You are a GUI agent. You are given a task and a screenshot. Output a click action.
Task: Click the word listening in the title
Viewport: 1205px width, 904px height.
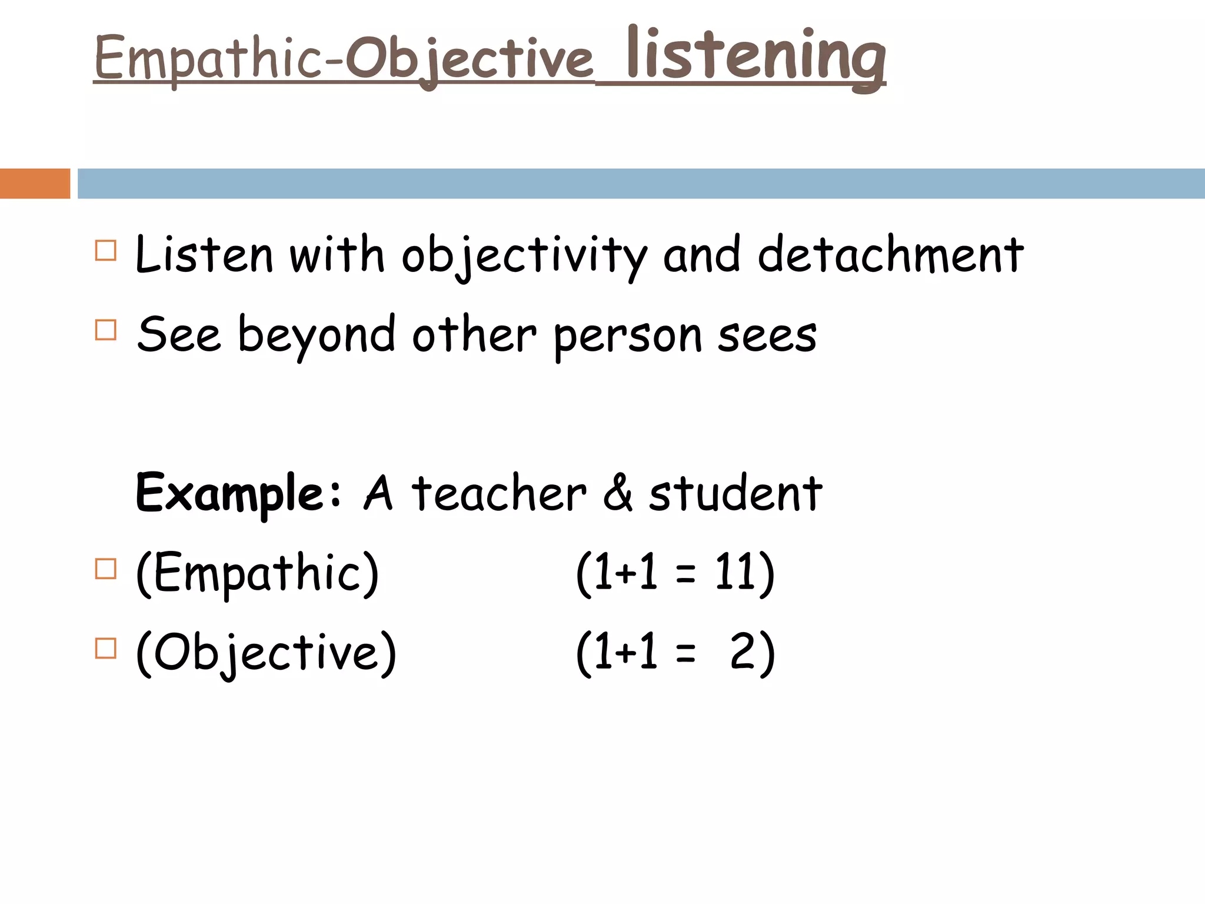(756, 56)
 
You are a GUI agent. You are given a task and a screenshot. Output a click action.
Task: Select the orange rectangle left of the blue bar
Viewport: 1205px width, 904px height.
(35, 184)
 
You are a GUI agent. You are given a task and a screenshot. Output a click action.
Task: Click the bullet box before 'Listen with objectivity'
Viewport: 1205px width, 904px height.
(105, 251)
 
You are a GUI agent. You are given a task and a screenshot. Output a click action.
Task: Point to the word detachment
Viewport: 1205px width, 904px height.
(890, 254)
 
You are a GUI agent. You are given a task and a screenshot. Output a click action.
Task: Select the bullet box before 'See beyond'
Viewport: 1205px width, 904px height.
(105, 330)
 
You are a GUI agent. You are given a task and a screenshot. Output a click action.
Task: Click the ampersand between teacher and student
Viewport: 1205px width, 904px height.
(617, 493)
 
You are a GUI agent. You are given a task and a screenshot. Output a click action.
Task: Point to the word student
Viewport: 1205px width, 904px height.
(735, 493)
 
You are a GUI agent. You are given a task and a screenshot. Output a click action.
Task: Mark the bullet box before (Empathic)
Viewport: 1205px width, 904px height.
(105, 569)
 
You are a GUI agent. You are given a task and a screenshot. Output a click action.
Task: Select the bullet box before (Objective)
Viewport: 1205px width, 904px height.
(105, 649)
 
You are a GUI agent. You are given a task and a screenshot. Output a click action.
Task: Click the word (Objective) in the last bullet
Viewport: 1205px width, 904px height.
(266, 653)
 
